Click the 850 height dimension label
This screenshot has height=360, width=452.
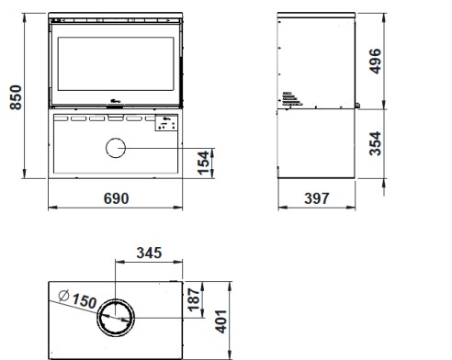tap(16, 97)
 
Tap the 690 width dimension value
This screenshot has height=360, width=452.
tap(117, 198)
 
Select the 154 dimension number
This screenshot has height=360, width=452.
tap(203, 163)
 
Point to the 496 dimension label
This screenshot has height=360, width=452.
tap(375, 62)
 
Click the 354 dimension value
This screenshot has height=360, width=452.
tap(375, 143)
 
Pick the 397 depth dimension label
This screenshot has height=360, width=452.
tap(317, 198)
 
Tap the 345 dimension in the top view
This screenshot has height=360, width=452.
tap(149, 253)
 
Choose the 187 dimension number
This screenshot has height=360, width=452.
tap(194, 300)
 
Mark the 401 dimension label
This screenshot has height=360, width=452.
tap(220, 321)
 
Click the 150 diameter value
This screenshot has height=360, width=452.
tap(85, 300)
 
